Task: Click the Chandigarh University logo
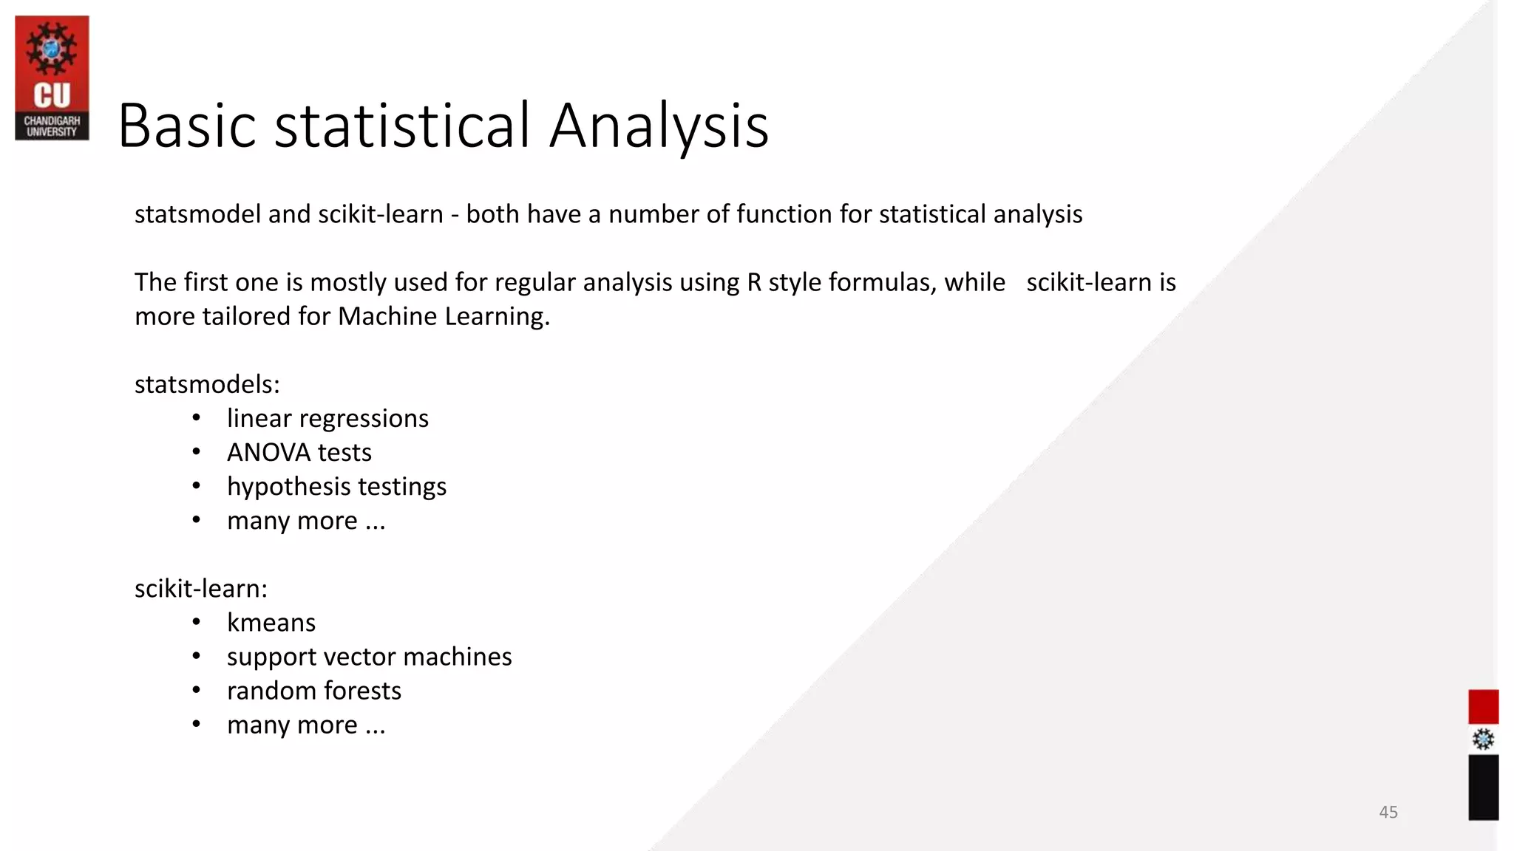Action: (52, 78)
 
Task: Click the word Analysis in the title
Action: (659, 126)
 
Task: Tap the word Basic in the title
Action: (187, 126)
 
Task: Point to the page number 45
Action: (1388, 812)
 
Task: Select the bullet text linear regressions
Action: (327, 419)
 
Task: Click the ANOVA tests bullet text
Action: (299, 453)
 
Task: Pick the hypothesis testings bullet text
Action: (336, 487)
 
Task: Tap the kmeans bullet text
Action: (271, 623)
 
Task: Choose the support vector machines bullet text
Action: (369, 657)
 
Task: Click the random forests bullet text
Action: (313, 691)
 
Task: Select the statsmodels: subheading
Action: (207, 384)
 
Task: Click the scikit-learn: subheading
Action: (201, 589)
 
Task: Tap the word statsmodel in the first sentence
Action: (197, 214)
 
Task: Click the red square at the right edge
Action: (1483, 707)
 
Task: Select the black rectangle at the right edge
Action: (1483, 787)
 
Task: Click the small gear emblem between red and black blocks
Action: (1483, 739)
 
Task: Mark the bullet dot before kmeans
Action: (196, 623)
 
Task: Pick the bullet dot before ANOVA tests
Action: (196, 452)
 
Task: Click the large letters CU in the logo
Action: (52, 96)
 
